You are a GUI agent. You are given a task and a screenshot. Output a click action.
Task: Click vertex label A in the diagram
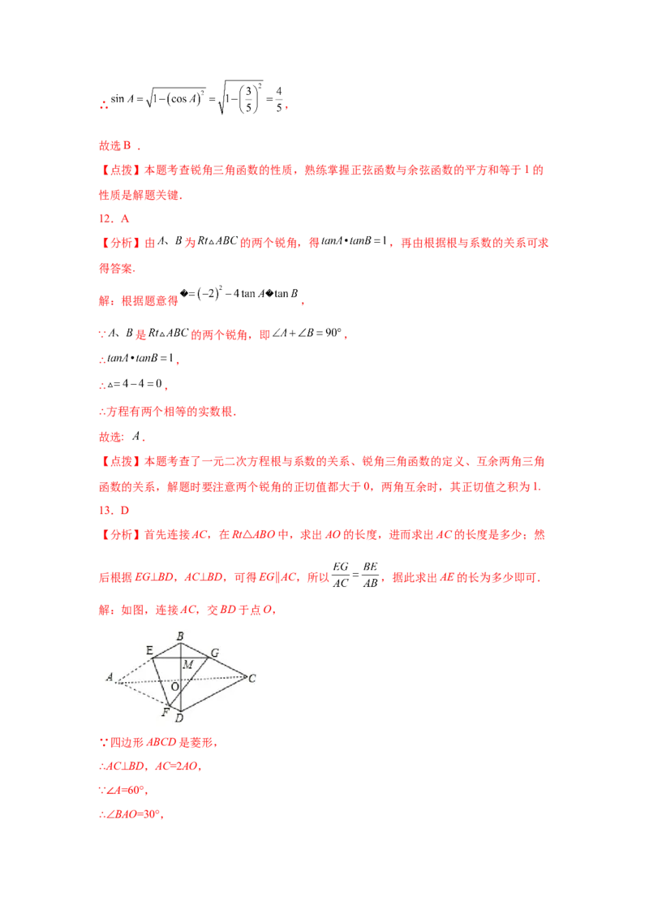pos(109,677)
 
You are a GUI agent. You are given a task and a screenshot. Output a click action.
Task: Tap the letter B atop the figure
pos(180,635)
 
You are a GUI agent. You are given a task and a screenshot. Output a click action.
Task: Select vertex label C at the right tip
pos(252,678)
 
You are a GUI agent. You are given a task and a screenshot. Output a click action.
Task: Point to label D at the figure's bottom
pos(179,717)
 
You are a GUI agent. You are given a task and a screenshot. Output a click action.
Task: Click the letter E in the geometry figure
pos(149,649)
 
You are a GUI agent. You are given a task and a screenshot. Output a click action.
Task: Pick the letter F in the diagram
pos(165,712)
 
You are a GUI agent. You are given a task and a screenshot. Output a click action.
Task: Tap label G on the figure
pos(214,652)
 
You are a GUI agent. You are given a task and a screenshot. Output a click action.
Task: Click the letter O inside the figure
pos(174,687)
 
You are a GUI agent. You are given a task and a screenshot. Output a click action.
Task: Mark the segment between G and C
pos(229,666)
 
